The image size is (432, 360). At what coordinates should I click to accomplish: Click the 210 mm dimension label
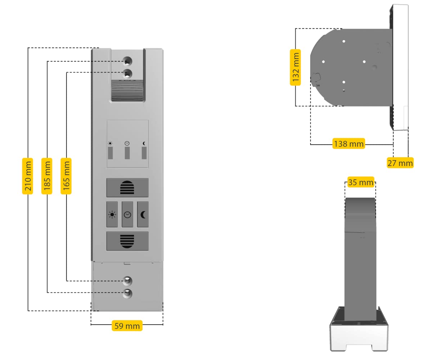[x=28, y=176]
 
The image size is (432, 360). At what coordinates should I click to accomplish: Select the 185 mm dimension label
[x=47, y=176]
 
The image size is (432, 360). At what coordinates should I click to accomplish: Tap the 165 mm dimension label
[x=66, y=176]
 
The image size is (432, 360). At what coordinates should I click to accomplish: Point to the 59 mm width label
[x=127, y=326]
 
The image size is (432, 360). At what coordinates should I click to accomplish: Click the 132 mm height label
[x=296, y=67]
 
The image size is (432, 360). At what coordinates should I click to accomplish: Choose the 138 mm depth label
[x=348, y=144]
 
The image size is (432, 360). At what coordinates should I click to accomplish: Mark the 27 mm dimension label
[x=400, y=163]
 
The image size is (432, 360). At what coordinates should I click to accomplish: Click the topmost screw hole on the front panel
[x=127, y=61]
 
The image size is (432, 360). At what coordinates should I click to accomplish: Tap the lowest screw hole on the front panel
[x=127, y=293]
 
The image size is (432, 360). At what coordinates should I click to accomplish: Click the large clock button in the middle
[x=127, y=215]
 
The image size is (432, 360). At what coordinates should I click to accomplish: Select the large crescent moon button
[x=143, y=215]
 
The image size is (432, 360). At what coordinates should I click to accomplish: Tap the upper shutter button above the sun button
[x=127, y=188]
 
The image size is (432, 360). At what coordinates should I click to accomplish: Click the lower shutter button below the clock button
[x=127, y=241]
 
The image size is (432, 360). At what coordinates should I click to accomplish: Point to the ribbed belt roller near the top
[x=127, y=91]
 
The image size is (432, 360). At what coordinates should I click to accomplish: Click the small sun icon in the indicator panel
[x=110, y=143]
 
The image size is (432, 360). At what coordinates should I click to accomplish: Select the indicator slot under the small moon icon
[x=144, y=153]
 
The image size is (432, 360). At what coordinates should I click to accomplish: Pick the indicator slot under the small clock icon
[x=127, y=153]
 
